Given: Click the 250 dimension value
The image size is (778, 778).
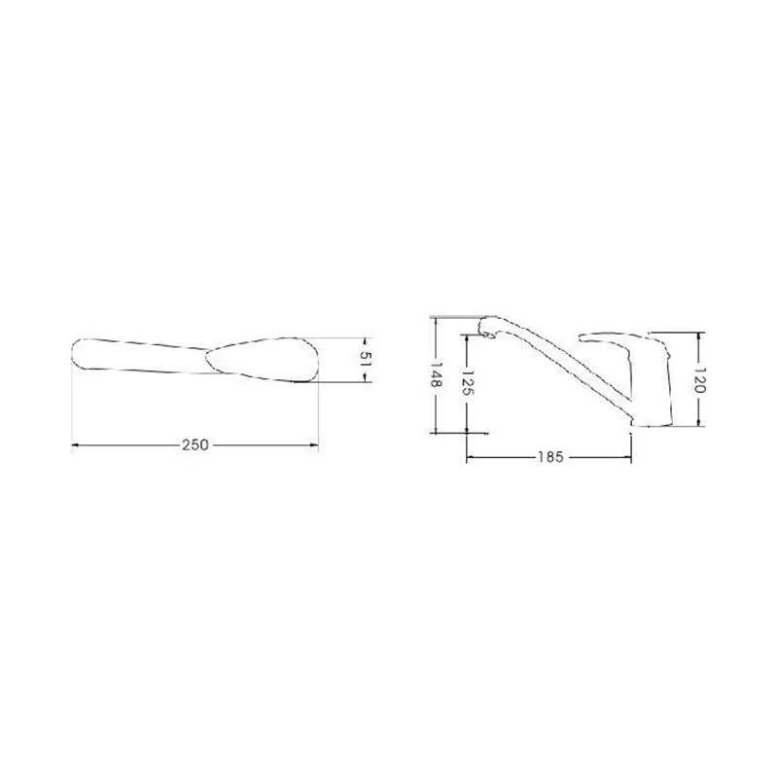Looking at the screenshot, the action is coord(195,445).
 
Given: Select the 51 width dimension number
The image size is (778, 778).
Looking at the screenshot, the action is coord(366,359).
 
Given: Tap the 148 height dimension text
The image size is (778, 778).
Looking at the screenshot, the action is coord(436,374).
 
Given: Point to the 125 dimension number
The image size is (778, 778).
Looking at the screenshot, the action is coord(468,382).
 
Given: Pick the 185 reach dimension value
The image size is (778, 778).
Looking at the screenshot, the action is coord(550,456).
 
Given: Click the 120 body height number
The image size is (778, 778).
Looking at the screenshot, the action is coord(698,379).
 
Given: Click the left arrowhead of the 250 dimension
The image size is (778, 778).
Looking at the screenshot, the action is coord(75,445).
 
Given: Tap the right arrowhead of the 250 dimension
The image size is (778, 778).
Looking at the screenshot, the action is coord(314,445).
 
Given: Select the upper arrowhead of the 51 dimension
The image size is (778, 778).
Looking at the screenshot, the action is coord(366,341).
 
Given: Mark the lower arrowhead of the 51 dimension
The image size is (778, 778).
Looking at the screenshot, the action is coord(366,378).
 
